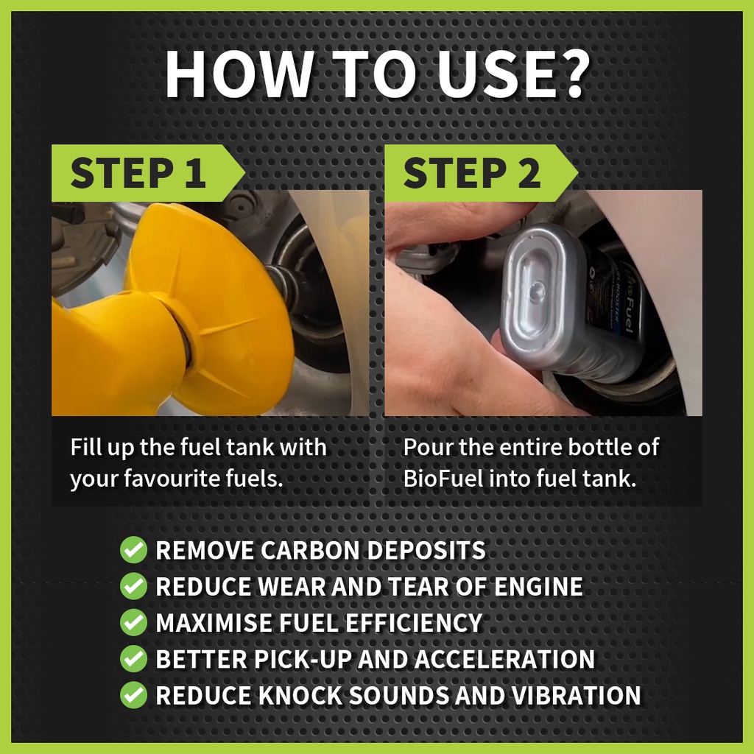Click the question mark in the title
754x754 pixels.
pyautogui.click(x=569, y=73)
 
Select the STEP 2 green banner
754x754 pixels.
pyautogui.click(x=481, y=172)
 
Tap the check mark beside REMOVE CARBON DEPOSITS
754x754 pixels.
pyautogui.click(x=134, y=549)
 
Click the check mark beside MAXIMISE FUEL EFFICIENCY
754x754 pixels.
pyautogui.click(x=134, y=622)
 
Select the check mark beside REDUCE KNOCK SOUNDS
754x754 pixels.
pyautogui.click(x=134, y=695)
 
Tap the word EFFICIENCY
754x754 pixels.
pyautogui.click(x=414, y=623)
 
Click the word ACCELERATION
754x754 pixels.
pyautogui.click(x=504, y=659)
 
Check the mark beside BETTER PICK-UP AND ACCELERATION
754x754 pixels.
pyautogui.click(x=134, y=659)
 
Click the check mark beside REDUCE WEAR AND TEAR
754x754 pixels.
pyautogui.click(x=134, y=586)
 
